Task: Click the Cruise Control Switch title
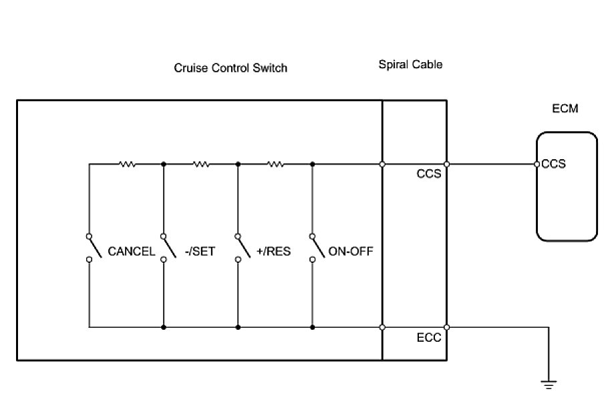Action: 231,68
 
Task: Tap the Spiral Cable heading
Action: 410,65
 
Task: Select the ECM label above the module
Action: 565,108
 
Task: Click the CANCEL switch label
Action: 132,252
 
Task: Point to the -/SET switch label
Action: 199,252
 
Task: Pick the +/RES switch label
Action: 274,252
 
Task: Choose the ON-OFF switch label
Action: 350,252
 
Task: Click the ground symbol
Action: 549,384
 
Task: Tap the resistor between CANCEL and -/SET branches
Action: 126,164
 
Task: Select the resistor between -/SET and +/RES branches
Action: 201,164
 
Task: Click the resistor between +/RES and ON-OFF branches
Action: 275,164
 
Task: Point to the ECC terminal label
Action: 428,338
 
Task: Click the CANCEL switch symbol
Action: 92,247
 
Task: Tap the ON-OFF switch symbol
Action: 316,247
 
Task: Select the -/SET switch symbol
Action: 167,247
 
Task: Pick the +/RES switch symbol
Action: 241,247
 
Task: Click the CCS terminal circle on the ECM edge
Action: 537,164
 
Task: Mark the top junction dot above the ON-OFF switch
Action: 313,164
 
